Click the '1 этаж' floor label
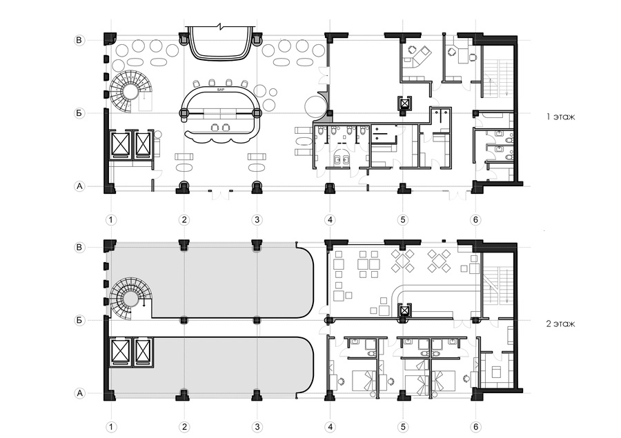point(560,117)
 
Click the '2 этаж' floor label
point(560,324)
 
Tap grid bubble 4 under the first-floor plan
point(331,220)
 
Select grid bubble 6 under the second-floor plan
point(475,427)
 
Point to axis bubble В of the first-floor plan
point(79,40)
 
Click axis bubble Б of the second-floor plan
point(79,320)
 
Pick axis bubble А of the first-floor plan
point(79,186)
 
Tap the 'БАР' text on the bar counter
point(220,90)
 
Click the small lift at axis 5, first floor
point(404,103)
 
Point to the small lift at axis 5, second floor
point(404,311)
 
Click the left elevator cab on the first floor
point(121,145)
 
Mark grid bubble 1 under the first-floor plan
point(111,220)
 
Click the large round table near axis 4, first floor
point(315,106)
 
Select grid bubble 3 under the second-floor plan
point(257,427)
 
